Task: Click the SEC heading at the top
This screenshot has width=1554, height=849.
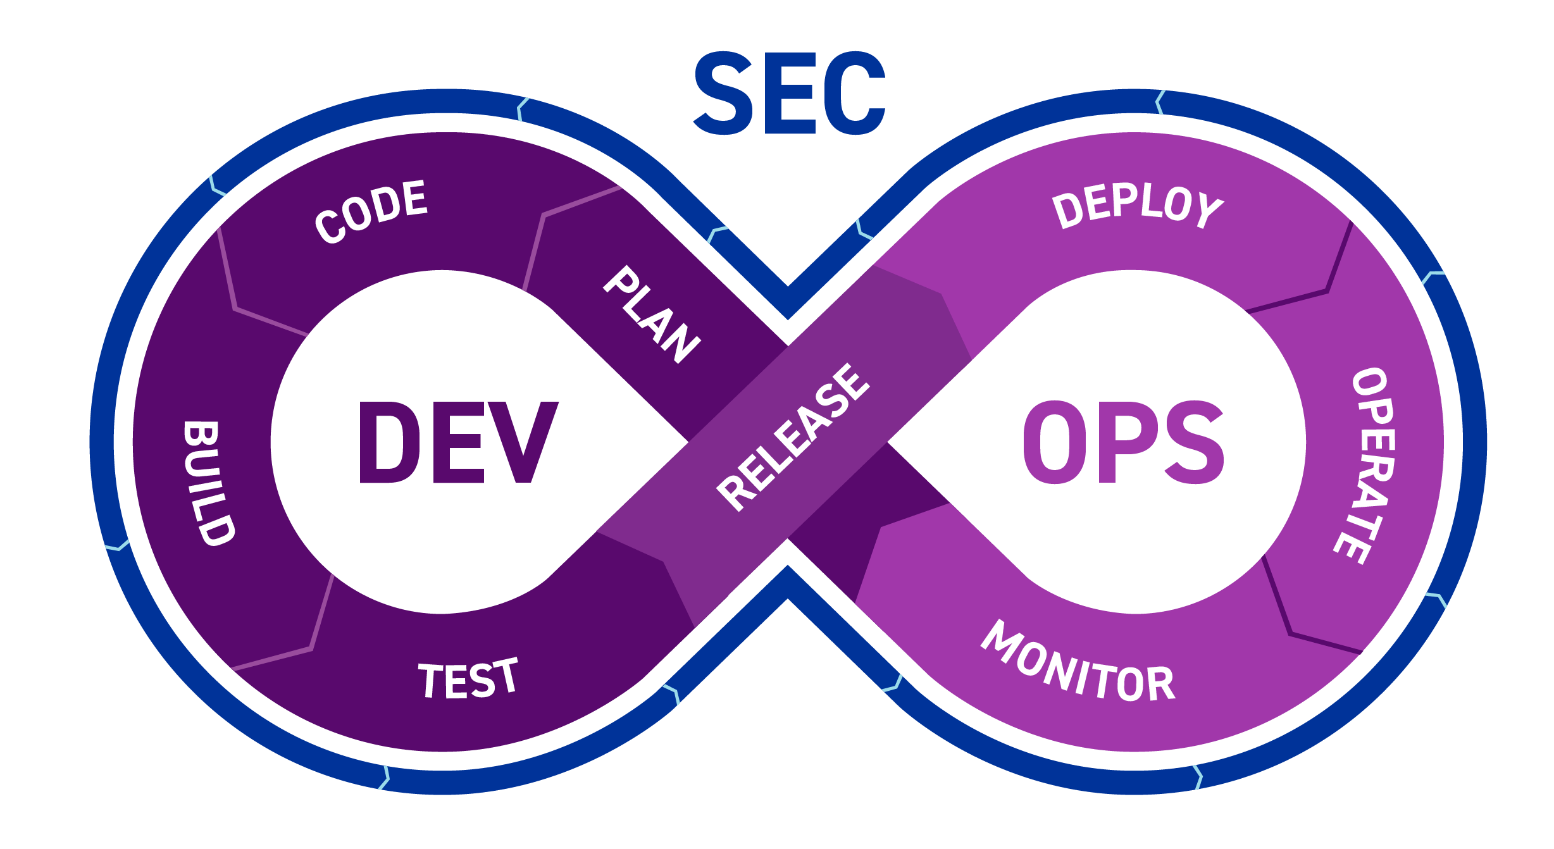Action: pos(789,94)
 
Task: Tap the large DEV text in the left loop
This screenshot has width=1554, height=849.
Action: pos(458,443)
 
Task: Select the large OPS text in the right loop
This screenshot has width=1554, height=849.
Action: pos(1123,443)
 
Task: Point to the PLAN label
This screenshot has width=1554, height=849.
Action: pos(652,314)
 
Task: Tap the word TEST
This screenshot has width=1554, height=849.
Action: pos(468,679)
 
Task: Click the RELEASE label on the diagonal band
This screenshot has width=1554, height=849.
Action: pos(793,437)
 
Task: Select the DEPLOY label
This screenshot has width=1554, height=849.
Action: pos(1137,206)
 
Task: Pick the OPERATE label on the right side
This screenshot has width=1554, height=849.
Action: pos(1365,465)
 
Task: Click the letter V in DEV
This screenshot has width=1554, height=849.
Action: pos(525,443)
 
